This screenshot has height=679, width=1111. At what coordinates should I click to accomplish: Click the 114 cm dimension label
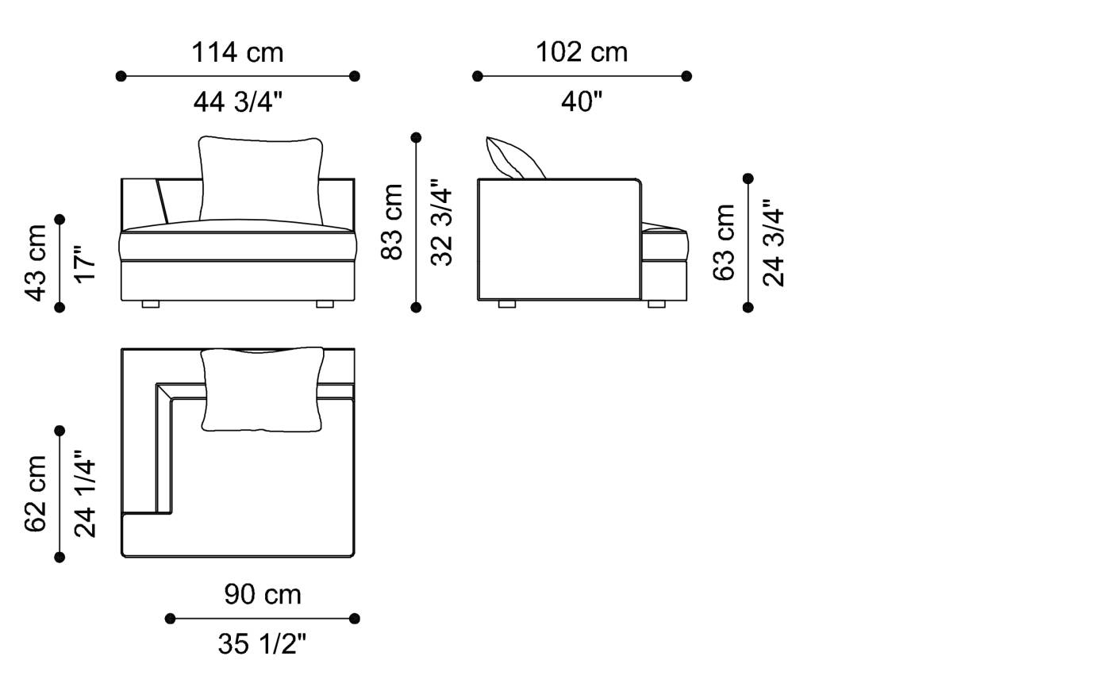click(x=237, y=52)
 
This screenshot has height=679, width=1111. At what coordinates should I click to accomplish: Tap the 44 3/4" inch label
click(x=237, y=102)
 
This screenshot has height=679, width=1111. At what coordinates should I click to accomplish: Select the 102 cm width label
click(x=582, y=52)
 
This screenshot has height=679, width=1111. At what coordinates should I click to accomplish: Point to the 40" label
click(x=582, y=102)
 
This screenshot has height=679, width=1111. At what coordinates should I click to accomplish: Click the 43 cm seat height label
click(x=37, y=263)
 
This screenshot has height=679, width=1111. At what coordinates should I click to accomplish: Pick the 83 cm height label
click(x=392, y=221)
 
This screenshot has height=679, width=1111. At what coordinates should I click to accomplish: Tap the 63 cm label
click(x=724, y=242)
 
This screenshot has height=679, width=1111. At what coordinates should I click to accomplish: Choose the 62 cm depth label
click(x=37, y=493)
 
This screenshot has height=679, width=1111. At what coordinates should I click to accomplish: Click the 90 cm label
click(x=262, y=594)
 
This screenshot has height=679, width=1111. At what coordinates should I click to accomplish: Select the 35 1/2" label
click(x=262, y=644)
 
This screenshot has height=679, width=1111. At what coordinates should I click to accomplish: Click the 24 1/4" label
click(x=85, y=493)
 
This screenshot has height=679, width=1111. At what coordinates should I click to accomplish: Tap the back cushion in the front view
click(x=261, y=178)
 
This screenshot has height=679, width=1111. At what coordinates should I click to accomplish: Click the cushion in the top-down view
click(x=262, y=389)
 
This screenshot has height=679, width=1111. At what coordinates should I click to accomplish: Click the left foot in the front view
click(x=151, y=304)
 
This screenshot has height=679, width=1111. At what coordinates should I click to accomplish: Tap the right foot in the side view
click(x=656, y=304)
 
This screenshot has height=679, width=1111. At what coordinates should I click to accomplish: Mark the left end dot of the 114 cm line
click(x=121, y=76)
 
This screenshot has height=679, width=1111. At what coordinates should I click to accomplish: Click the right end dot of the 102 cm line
click(x=686, y=76)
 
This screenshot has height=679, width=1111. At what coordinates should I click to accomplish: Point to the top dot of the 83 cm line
click(x=416, y=138)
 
